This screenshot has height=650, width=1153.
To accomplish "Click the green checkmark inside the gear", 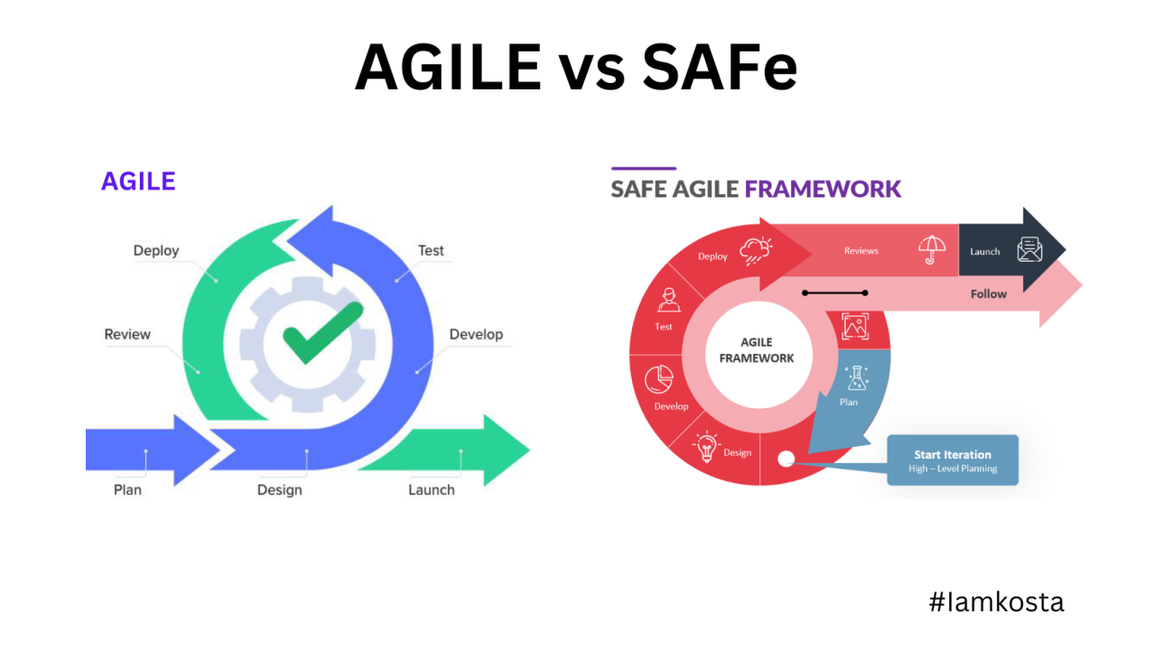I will pyautogui.click(x=322, y=332).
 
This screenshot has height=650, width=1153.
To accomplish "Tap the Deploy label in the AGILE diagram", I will pyautogui.click(x=156, y=250).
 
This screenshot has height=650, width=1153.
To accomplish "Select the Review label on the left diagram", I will pyautogui.click(x=127, y=334).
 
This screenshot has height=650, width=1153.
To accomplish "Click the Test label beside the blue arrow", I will pyautogui.click(x=431, y=250).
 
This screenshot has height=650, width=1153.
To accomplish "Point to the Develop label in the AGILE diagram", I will pyautogui.click(x=476, y=334).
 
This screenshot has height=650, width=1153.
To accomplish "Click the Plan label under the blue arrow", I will pyautogui.click(x=127, y=489).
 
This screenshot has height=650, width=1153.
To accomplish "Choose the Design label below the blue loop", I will pyautogui.click(x=279, y=489).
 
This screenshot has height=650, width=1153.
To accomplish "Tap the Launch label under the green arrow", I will pyautogui.click(x=431, y=489).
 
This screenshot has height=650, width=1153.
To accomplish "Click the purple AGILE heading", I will pyautogui.click(x=138, y=181).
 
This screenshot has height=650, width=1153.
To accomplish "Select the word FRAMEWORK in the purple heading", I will pyautogui.click(x=823, y=189).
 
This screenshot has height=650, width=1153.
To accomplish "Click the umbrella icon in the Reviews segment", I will pyautogui.click(x=930, y=248).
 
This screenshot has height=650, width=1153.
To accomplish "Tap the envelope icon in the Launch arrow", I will pyautogui.click(x=1029, y=249).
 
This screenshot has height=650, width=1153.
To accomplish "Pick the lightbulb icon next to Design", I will pyautogui.click(x=706, y=446).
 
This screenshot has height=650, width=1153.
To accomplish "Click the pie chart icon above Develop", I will pyautogui.click(x=659, y=380).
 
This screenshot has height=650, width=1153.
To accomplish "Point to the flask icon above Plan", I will pyautogui.click(x=854, y=377).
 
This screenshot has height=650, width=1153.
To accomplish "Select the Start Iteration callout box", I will pyautogui.click(x=952, y=460).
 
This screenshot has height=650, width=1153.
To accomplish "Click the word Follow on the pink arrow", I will pyautogui.click(x=988, y=293).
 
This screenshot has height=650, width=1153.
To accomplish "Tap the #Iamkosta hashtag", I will pyautogui.click(x=996, y=601).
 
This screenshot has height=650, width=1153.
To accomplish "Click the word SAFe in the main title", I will pyautogui.click(x=719, y=68).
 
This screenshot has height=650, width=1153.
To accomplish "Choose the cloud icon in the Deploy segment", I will pyautogui.click(x=755, y=251).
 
